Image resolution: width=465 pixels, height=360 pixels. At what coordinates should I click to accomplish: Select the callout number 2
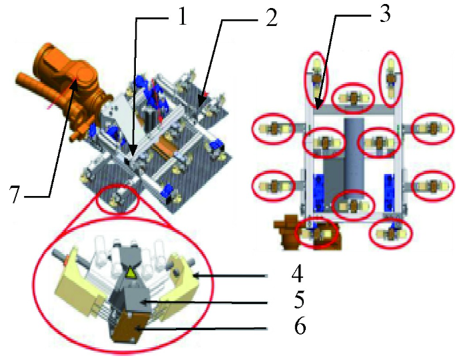(x=270, y=18)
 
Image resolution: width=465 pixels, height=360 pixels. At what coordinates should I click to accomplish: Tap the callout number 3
(x=384, y=13)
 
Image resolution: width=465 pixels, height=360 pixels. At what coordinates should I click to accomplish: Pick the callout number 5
(x=298, y=300)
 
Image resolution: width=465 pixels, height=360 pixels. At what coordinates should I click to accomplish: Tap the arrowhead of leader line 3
(x=317, y=106)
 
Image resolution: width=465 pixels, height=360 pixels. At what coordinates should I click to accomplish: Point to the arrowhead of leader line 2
(x=201, y=104)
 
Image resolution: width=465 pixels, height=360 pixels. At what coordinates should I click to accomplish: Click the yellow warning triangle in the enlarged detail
(x=131, y=273)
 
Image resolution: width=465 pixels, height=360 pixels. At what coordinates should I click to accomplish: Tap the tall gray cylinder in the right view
(x=354, y=157)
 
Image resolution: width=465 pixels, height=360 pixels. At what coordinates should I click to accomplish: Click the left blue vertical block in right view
(x=318, y=192)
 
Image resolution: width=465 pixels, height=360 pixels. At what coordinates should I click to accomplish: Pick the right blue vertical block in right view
(x=390, y=192)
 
